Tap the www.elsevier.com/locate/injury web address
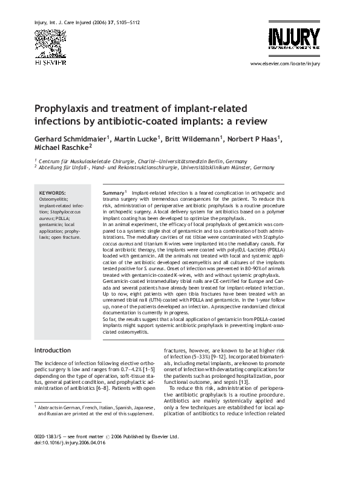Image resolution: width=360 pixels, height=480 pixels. (284, 63)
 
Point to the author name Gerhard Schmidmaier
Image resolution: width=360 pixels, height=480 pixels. (70, 138)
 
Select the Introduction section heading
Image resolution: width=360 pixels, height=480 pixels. (53, 350)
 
